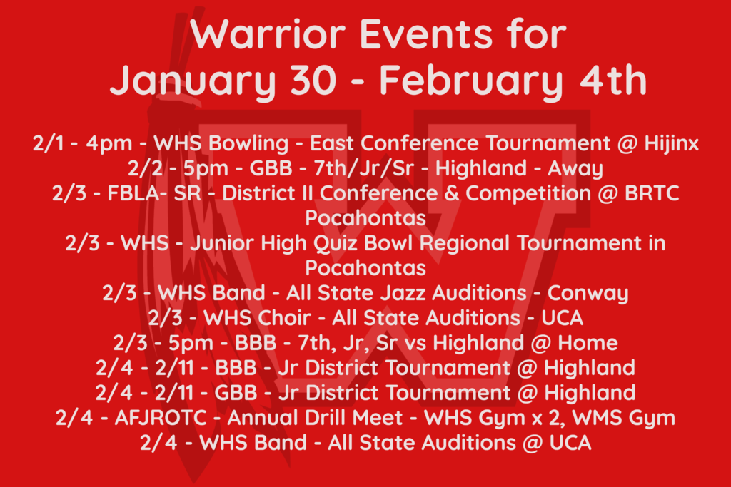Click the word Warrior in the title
[268, 34]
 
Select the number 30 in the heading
[313, 80]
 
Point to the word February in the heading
[470, 81]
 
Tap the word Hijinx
[671, 144]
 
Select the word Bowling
[248, 144]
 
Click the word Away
[575, 169]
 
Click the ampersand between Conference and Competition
[451, 193]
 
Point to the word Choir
[283, 319]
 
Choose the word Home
[588, 343]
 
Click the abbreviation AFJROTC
[161, 418]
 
